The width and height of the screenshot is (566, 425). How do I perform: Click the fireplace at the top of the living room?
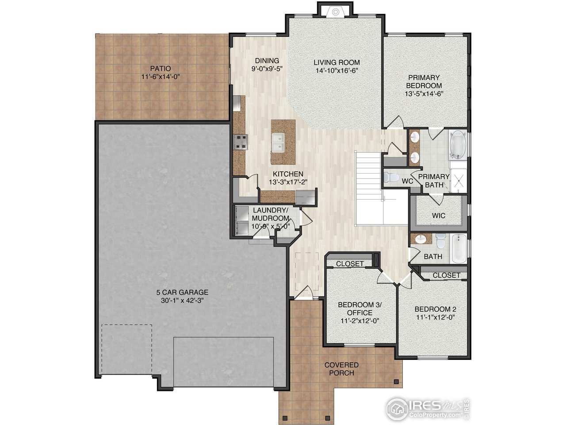click(x=335, y=12)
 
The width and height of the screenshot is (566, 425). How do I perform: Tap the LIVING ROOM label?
click(x=337, y=62)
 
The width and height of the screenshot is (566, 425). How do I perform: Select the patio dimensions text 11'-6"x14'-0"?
click(x=160, y=77)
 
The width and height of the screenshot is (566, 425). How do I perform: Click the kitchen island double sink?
click(x=278, y=143)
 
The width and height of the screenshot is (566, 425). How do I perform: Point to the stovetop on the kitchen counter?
click(x=241, y=142)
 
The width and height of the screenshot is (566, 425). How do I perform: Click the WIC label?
click(x=438, y=215)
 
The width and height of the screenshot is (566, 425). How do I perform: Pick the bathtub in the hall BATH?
click(x=459, y=248)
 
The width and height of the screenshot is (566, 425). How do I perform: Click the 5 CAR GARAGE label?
click(x=182, y=292)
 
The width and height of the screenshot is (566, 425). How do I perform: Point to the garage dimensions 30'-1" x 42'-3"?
click(x=182, y=300)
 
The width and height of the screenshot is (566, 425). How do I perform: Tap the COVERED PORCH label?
click(x=341, y=369)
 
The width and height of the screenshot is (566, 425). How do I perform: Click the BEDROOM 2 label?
click(x=435, y=309)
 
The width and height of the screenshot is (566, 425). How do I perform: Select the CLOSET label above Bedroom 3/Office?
click(x=350, y=263)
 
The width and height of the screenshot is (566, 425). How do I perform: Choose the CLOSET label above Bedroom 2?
click(x=446, y=275)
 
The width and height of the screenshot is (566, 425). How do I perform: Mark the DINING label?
click(x=267, y=61)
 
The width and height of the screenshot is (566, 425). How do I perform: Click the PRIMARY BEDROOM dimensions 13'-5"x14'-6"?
click(x=424, y=94)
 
